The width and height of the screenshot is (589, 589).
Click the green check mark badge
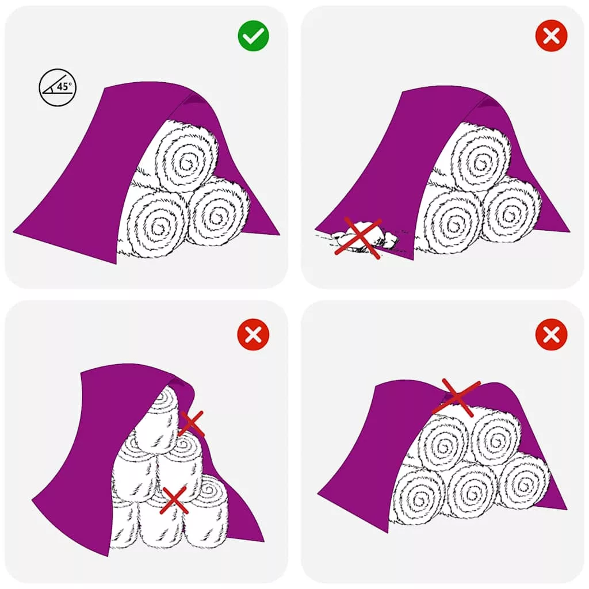(x=254, y=36)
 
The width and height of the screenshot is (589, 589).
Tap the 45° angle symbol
(x=58, y=87)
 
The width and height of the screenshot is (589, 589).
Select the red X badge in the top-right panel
(x=552, y=36)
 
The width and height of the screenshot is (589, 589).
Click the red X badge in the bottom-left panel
(x=254, y=334)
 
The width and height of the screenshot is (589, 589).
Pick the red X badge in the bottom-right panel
(x=552, y=334)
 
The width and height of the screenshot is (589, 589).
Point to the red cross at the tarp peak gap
(x=456, y=397)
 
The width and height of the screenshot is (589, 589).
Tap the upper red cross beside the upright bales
(x=192, y=423)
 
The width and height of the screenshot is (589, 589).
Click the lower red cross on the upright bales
(x=174, y=500)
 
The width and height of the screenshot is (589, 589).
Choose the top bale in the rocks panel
(x=481, y=158)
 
